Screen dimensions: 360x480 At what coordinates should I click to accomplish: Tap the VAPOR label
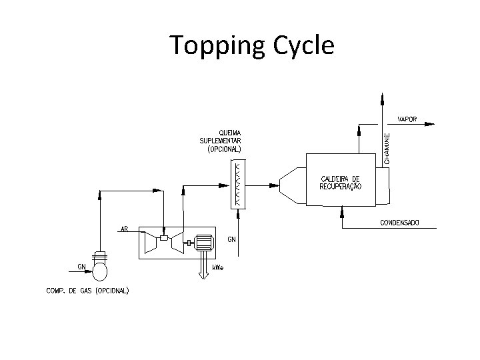click(407, 119)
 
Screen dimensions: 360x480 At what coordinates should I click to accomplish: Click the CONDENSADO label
click(399, 222)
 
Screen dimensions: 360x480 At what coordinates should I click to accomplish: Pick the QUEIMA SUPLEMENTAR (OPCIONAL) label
click(222, 141)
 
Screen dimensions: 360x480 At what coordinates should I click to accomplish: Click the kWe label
click(218, 267)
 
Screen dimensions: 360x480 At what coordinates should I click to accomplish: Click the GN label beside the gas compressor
click(81, 266)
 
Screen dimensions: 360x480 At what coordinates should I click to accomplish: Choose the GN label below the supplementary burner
click(231, 239)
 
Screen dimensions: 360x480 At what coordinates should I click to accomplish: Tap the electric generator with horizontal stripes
click(202, 243)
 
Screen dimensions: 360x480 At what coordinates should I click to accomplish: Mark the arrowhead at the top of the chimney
click(382, 99)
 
